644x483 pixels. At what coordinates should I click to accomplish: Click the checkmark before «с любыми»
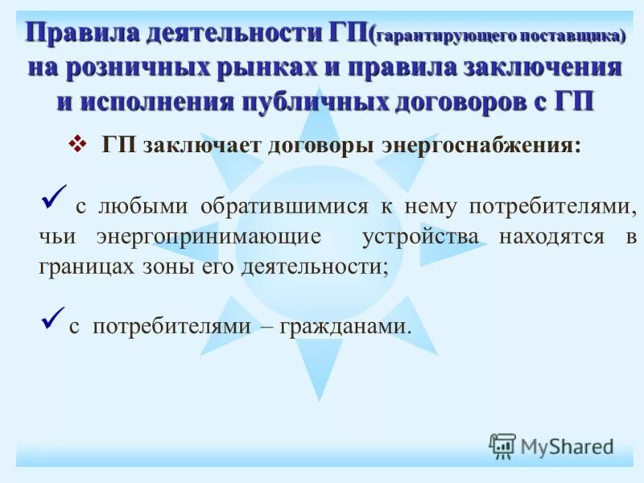click(x=54, y=196)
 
